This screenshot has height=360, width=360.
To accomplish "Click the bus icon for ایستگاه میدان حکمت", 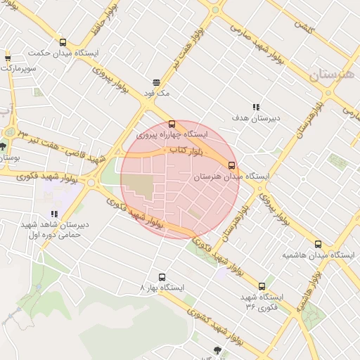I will pos(64,42).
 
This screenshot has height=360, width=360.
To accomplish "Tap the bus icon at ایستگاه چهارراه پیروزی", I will pos(173,124).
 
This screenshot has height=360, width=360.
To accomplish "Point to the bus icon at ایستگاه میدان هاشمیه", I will pos(318,245).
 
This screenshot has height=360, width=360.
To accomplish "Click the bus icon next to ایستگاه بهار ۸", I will pos(162,277).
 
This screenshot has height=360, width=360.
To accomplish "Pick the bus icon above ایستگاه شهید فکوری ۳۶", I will pos(262,286).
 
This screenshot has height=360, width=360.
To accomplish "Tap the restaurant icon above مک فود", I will pos(156,82).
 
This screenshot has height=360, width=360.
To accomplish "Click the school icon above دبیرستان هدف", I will pos(255,107).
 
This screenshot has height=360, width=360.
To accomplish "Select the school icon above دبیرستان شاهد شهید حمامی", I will pos(55,214).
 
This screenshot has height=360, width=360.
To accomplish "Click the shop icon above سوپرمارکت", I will pos(8,58).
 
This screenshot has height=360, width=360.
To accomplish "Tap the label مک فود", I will pos(157,93).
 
